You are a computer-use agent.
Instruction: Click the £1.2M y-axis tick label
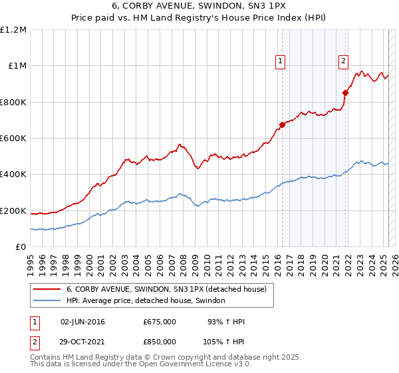pos(13,29)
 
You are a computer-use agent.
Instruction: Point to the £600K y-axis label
pos(13,138)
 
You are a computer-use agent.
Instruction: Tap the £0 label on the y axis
pos(21,247)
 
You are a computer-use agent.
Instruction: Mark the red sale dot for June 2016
pos(282,124)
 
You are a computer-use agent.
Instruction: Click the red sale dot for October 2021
pos(345,93)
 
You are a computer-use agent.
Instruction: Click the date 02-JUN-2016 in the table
pos(82,322)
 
